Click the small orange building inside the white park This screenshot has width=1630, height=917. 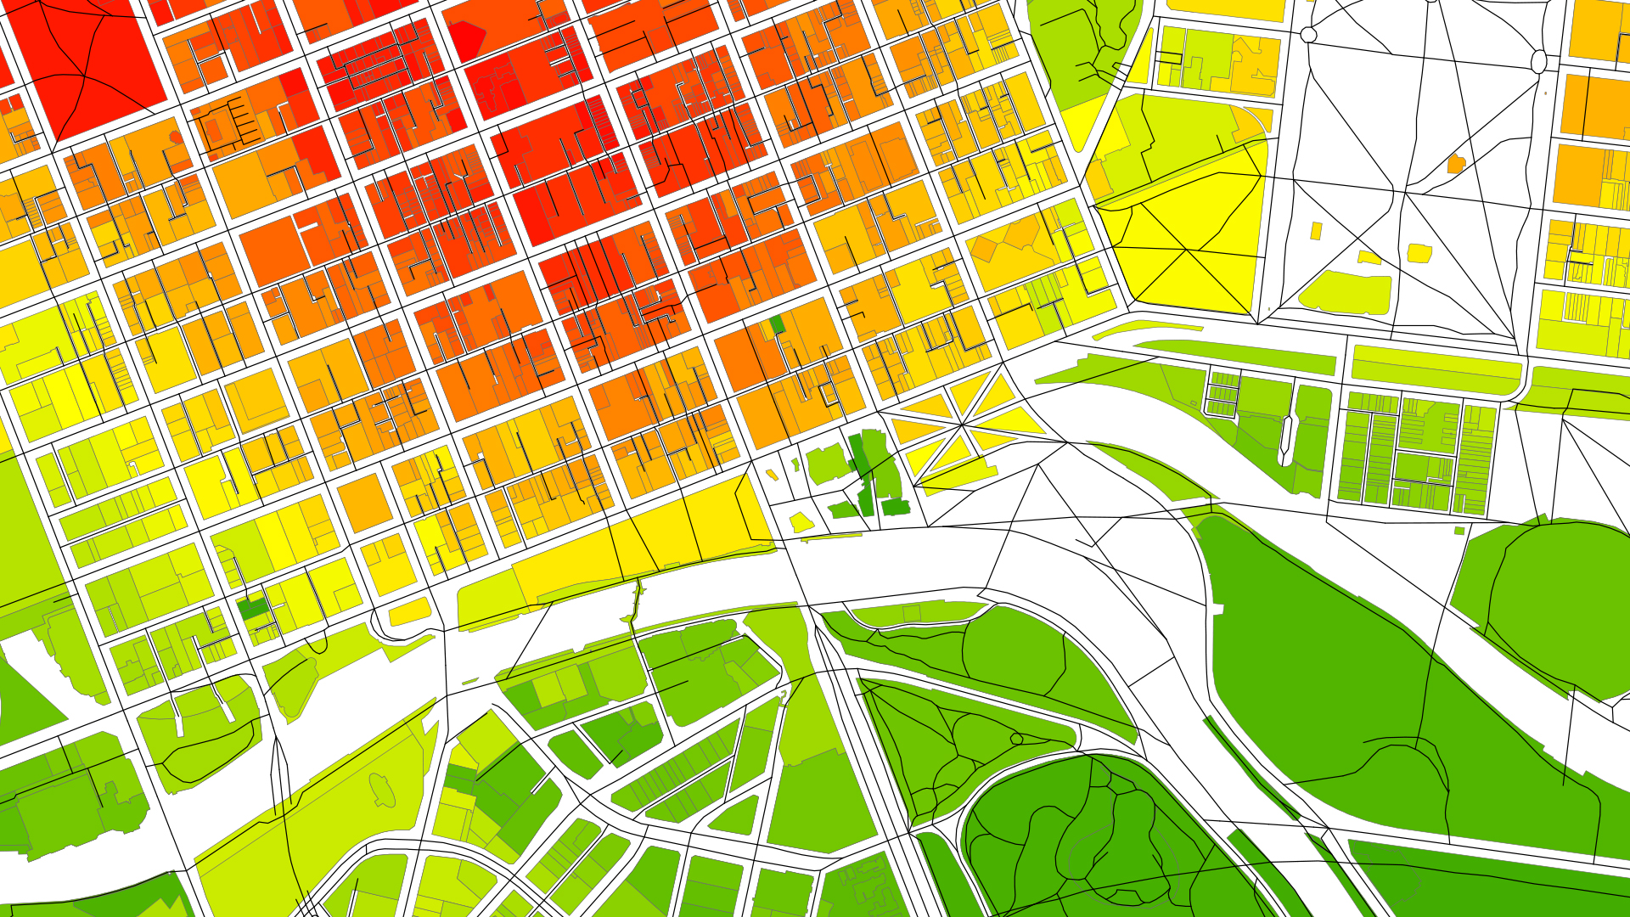1456,164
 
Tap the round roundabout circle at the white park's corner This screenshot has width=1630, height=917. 1308,35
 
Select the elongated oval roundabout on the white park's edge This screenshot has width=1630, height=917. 1538,61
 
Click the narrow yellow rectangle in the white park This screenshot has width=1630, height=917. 1316,231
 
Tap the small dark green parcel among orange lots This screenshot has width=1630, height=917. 777,324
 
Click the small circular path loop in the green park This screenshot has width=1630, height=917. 1016,739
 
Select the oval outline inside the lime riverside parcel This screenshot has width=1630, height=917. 383,790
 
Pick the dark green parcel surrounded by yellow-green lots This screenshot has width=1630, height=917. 252,608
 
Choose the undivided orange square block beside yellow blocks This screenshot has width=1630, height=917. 365,503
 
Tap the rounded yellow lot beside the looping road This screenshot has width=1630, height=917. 410,612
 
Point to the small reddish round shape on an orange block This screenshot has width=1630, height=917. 175,137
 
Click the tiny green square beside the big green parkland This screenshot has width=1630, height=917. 1459,531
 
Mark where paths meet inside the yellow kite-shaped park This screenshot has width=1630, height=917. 1187,250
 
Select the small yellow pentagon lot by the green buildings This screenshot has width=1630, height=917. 801,521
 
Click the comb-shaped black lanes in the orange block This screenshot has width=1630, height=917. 242,123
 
